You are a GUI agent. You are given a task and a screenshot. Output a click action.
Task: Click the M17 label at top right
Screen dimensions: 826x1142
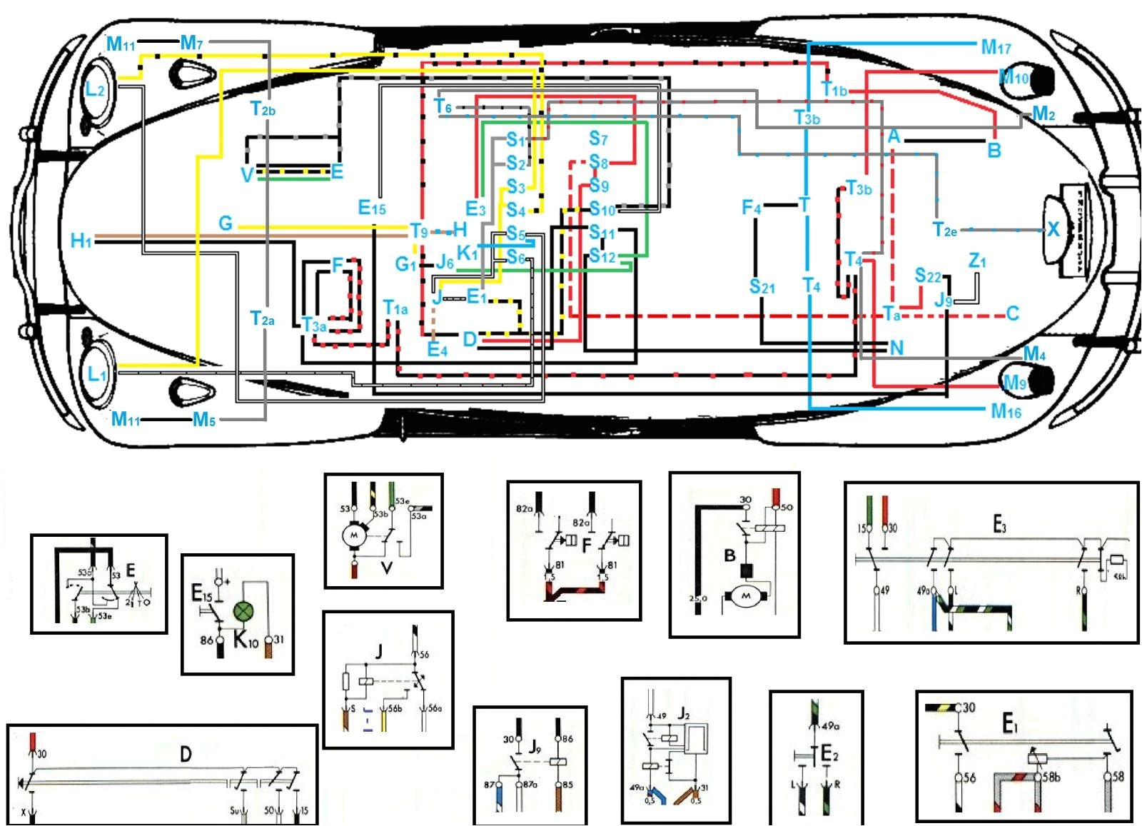pyautogui.click(x=996, y=47)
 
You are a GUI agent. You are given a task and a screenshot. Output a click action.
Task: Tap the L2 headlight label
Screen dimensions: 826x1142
pyautogui.click(x=95, y=89)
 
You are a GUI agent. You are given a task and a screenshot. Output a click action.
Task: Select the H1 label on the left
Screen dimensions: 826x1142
pyautogui.click(x=81, y=241)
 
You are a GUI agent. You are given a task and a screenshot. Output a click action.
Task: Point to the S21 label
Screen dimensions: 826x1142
pyautogui.click(x=762, y=287)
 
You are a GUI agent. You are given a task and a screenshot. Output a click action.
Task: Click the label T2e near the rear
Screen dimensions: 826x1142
pyautogui.click(x=944, y=230)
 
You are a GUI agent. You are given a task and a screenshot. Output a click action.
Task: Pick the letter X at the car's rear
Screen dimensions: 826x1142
pyautogui.click(x=1053, y=229)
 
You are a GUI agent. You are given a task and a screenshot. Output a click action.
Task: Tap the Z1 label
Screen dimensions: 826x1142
pyautogui.click(x=977, y=261)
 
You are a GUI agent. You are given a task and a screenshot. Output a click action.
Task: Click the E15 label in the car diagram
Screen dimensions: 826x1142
pyautogui.click(x=371, y=208)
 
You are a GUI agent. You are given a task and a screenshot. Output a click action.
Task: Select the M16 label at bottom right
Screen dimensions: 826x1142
pyautogui.click(x=1006, y=411)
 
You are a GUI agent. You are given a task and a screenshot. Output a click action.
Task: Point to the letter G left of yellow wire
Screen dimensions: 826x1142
pyautogui.click(x=226, y=223)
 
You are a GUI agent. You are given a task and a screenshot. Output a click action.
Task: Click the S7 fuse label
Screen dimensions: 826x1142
pyautogui.click(x=598, y=138)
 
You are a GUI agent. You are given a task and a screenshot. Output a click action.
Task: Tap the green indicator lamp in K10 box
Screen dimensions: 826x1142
pyautogui.click(x=244, y=612)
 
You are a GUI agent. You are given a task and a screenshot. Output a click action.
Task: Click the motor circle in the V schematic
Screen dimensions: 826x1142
pyautogui.click(x=353, y=535)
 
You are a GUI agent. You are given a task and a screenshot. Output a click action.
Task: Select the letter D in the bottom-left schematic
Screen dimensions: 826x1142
pyautogui.click(x=186, y=754)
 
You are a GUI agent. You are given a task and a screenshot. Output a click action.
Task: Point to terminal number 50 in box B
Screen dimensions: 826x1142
pyautogui.click(x=787, y=508)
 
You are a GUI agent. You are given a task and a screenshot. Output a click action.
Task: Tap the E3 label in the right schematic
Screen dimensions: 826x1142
pyautogui.click(x=999, y=525)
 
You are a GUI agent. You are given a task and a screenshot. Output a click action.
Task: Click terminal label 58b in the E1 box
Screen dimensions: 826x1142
pyautogui.click(x=1051, y=777)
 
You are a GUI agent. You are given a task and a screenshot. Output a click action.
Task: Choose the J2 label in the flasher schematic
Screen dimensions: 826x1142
pyautogui.click(x=683, y=713)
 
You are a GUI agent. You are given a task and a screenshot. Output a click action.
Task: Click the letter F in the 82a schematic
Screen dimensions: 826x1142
pyautogui.click(x=587, y=545)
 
